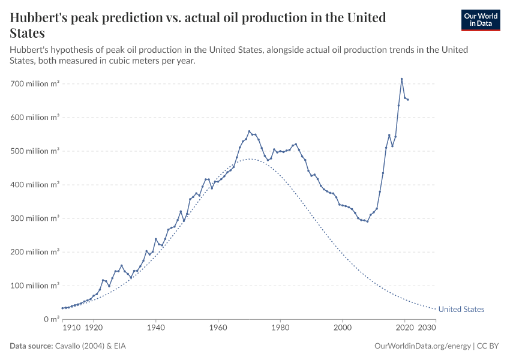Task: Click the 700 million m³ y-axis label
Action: tap(35, 84)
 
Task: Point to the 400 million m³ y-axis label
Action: tap(35, 185)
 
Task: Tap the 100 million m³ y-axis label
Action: tap(35, 286)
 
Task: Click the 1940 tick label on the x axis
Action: tap(155, 329)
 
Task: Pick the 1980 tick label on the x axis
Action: tap(280, 329)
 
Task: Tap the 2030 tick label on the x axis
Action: tap(427, 329)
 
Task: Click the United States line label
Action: tap(461, 310)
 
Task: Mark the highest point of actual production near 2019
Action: tap(401, 79)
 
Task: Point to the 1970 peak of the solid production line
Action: tap(249, 131)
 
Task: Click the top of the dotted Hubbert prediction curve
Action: tap(250, 159)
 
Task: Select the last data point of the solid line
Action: tap(408, 100)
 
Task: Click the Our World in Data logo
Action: tap(480, 20)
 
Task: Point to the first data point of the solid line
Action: tap(62, 308)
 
